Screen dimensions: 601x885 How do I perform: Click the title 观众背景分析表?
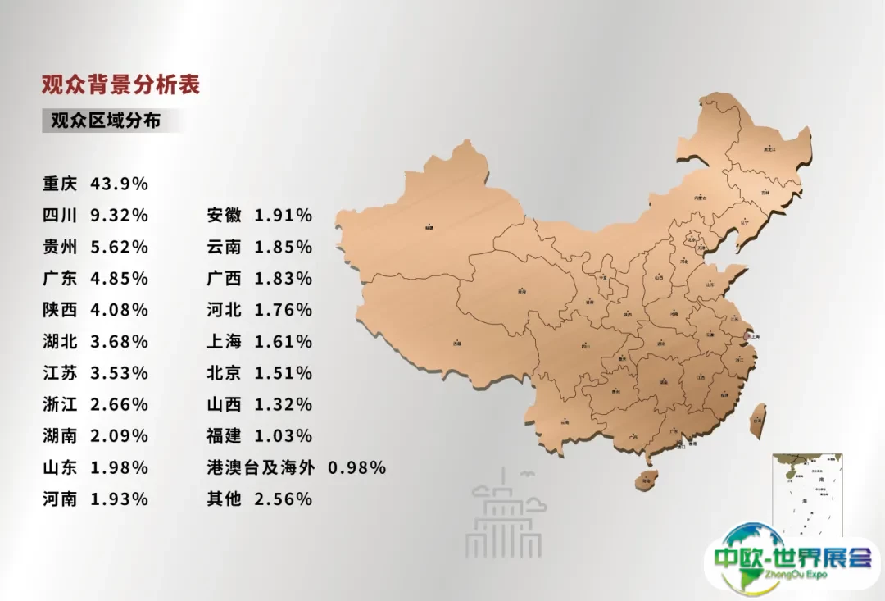coord(121,84)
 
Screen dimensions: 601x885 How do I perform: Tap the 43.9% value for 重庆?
coord(119,184)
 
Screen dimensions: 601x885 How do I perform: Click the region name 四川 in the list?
coord(60,216)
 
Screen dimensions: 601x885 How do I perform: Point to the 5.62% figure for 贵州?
coord(119,247)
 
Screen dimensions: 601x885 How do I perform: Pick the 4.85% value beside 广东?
coord(119,279)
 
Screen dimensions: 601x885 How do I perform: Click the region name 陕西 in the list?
coord(60,310)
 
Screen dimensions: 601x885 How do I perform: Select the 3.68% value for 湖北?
coord(119,342)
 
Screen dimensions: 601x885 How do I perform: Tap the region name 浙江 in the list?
coord(60,404)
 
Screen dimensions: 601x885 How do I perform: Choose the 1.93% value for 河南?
coord(119,499)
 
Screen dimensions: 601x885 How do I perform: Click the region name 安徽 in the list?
coord(225,216)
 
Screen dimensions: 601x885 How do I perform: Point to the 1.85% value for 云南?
coord(284,247)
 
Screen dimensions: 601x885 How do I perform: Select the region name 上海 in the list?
coord(225,342)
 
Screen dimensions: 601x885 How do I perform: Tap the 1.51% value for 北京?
coord(284,373)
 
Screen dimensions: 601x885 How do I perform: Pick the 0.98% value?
coord(356,467)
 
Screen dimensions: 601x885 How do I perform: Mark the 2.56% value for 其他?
coord(284,499)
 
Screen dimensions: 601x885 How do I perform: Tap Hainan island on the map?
coord(646,478)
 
